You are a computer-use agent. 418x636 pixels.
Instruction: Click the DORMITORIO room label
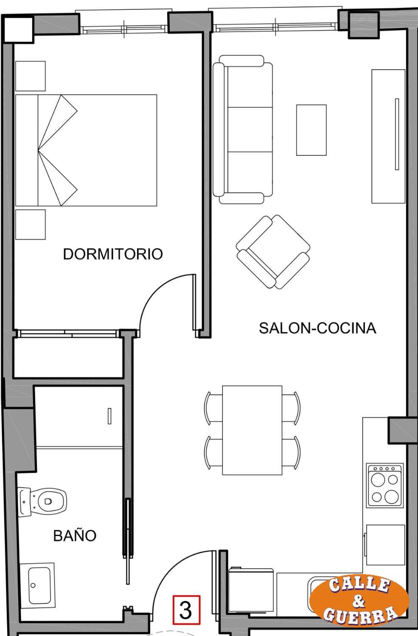113,254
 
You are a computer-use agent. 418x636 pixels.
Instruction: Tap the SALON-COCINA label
318,328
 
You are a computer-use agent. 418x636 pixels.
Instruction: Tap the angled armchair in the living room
273,252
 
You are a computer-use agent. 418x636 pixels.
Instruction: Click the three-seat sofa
243,129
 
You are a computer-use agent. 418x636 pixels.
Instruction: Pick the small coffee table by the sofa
311,130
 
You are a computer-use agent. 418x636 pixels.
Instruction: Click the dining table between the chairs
252,430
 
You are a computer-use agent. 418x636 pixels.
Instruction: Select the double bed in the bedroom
86,150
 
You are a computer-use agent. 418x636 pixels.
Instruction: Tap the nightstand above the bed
31,76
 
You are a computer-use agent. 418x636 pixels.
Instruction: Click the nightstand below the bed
31,225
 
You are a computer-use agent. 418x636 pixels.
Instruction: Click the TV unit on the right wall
388,136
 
